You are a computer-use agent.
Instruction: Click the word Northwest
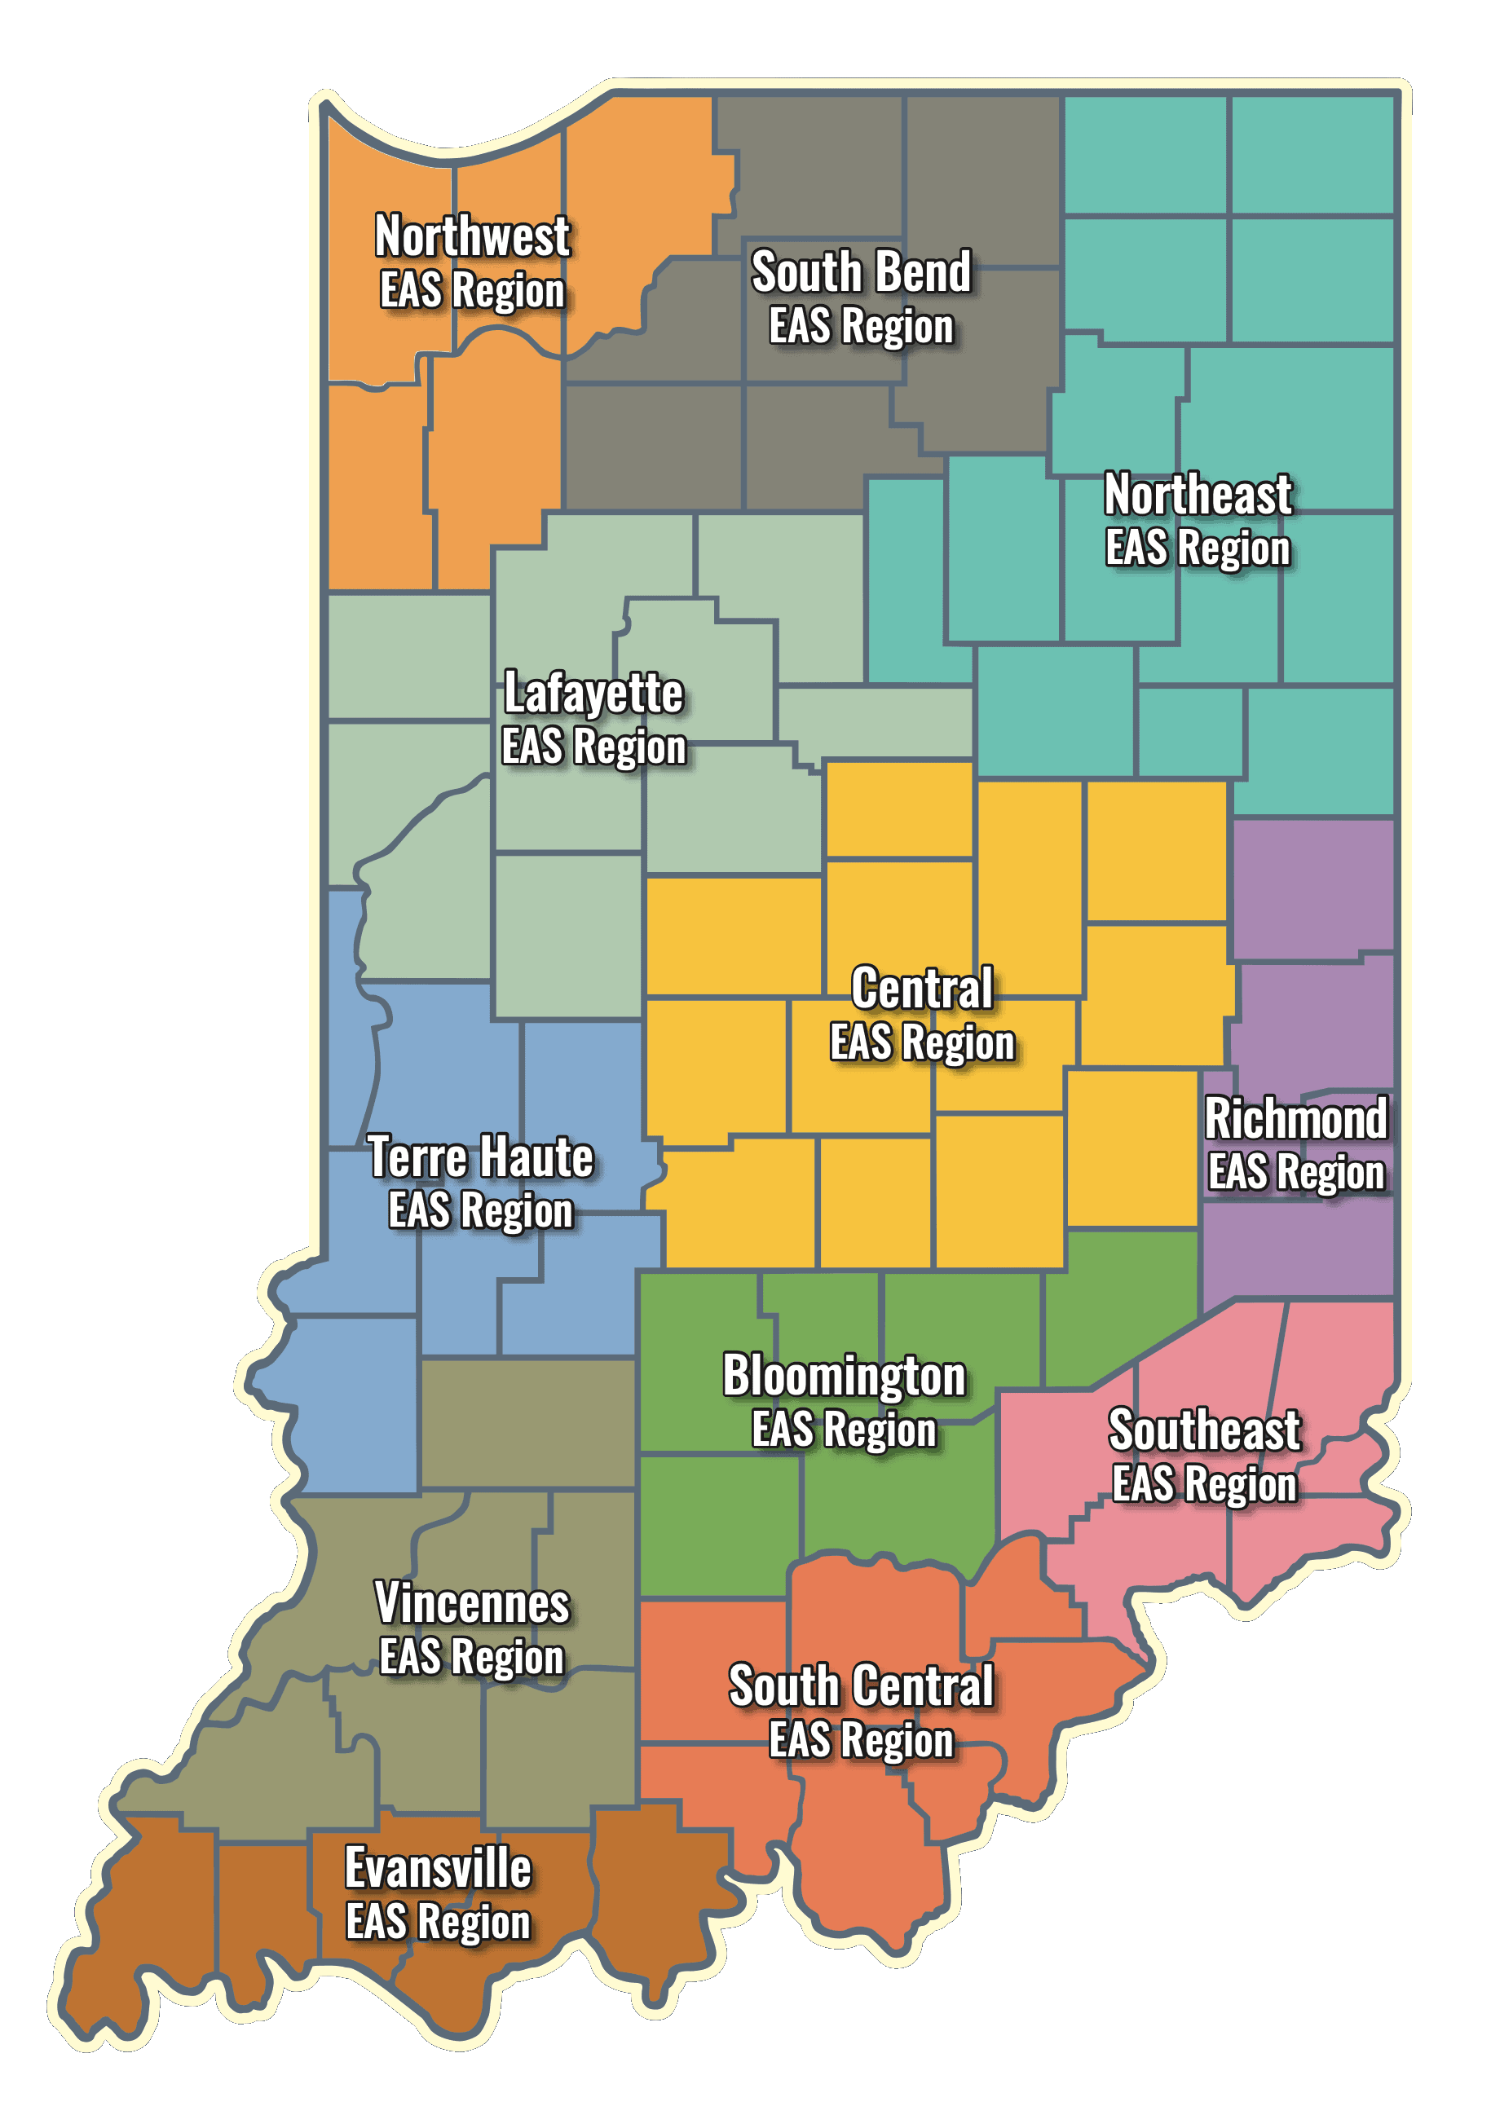472,236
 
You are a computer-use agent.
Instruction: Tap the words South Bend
861,273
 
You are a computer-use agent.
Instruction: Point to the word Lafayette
593,693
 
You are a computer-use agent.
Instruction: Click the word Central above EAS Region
921,989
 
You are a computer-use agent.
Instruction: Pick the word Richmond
1295,1118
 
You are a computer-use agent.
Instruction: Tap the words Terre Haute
480,1157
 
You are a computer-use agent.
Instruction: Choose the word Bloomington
843,1377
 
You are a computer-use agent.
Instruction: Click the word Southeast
1203,1430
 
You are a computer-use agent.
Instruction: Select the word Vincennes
472,1604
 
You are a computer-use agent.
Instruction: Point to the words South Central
861,1686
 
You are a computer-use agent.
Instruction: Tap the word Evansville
438,1869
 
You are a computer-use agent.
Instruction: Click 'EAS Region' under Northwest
472,291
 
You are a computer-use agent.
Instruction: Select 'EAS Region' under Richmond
1295,1173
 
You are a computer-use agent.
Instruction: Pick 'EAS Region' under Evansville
438,1923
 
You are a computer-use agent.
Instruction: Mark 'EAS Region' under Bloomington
843,1430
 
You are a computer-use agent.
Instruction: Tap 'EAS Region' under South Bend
861,327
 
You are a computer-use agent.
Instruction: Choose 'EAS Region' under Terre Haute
480,1210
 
